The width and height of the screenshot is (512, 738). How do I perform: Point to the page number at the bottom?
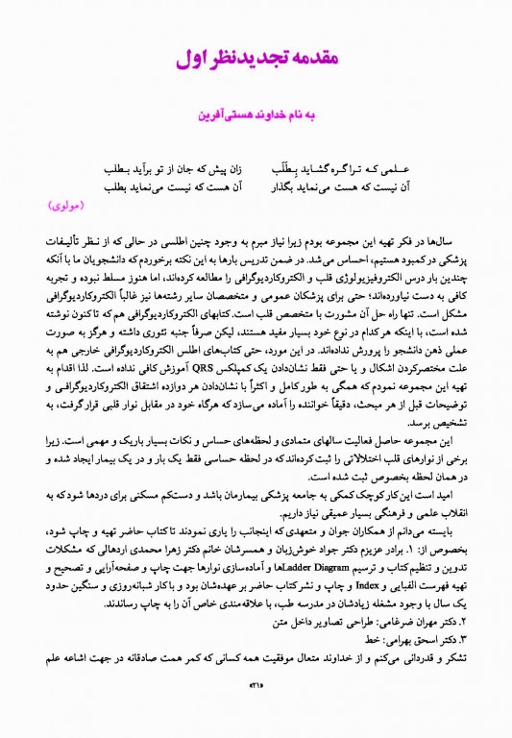[x=256, y=712]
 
